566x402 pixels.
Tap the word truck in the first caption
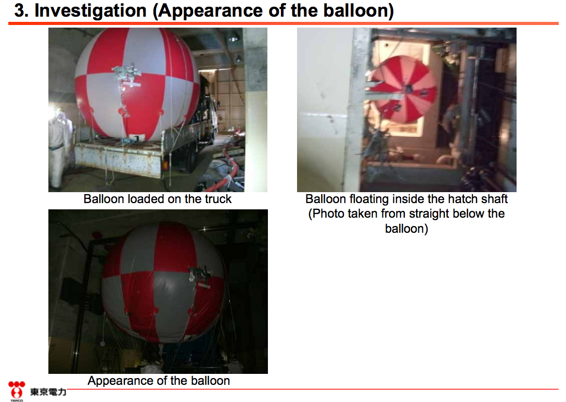(218, 199)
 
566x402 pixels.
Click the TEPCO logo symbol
(17, 391)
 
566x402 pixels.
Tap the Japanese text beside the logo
(48, 392)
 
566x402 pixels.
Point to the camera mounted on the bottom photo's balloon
(200, 277)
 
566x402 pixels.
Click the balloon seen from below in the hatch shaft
(403, 89)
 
